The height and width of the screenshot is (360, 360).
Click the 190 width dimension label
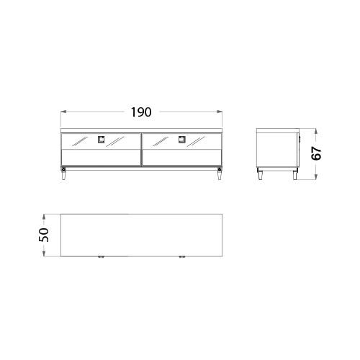coord(141,112)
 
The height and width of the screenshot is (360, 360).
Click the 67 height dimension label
coord(316,153)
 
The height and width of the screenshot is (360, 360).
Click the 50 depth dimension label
coord(44,235)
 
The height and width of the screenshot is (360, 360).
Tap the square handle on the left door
coord(101,140)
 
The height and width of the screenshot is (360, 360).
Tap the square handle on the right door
coord(182,140)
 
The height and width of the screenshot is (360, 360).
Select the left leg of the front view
coord(63,174)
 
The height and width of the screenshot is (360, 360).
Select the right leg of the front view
coord(220,174)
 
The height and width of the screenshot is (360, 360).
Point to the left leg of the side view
coord(260,174)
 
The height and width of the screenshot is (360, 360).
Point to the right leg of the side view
coord(295,174)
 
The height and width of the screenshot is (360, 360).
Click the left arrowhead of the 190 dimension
coord(63,112)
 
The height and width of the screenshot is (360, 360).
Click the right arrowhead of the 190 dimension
coord(220,112)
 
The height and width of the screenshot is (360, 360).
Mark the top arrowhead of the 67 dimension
coord(316,131)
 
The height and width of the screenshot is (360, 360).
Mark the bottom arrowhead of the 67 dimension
coord(316,176)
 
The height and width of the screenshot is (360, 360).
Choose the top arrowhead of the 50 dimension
coord(44,217)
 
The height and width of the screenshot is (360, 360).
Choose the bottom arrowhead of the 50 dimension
coord(44,253)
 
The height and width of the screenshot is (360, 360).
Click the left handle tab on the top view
coord(101,257)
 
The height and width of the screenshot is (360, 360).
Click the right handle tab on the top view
coord(182,257)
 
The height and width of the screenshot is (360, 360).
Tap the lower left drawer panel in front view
coord(101,158)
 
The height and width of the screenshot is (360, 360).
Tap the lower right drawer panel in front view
coord(182,158)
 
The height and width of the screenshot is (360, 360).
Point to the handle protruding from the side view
coord(300,139)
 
